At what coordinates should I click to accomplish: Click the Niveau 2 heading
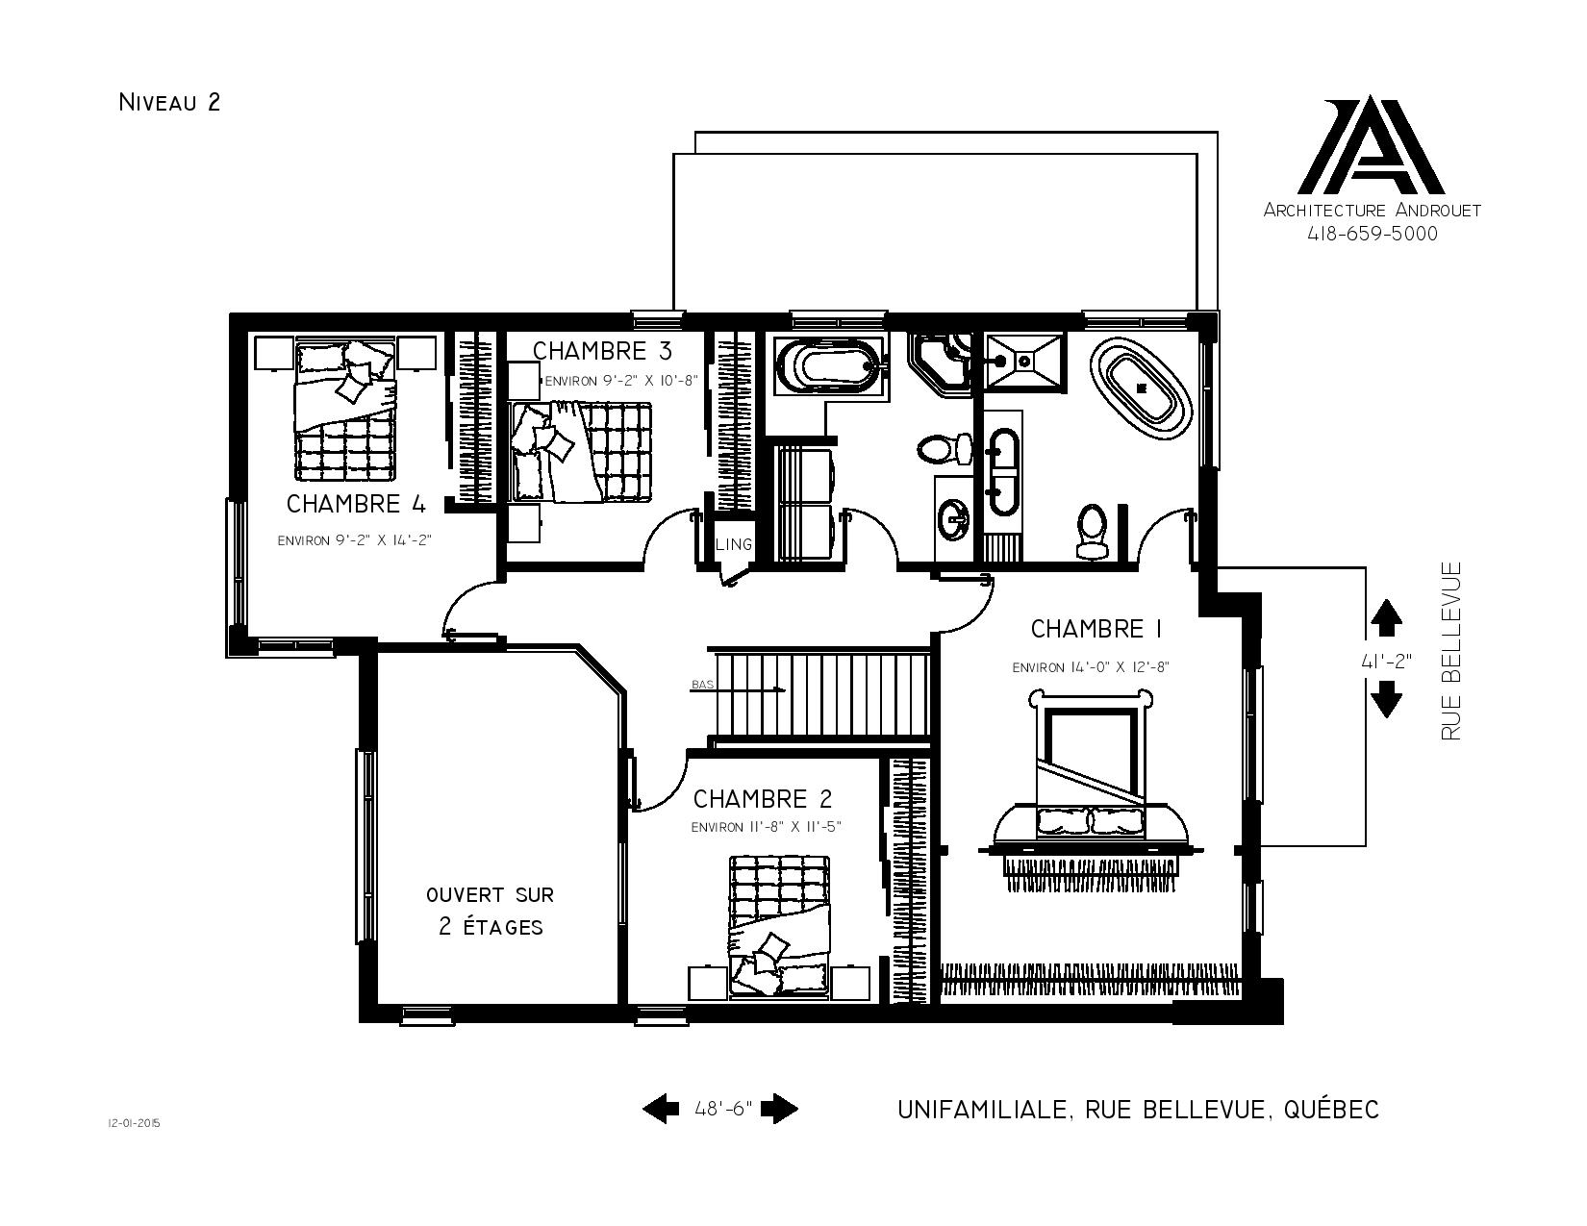[x=168, y=102]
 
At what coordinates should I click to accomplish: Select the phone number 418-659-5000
[x=1372, y=234]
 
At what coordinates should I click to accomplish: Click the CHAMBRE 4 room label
[x=356, y=504]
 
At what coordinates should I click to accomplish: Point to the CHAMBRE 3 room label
[x=602, y=351]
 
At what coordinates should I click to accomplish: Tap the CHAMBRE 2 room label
[x=763, y=799]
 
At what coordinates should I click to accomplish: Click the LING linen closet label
[x=733, y=544]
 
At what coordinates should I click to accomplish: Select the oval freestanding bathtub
[x=1141, y=388]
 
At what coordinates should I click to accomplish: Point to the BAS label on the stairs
[x=702, y=685]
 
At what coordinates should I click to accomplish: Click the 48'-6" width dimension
[x=723, y=1109]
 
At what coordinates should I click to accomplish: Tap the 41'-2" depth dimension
[x=1386, y=661]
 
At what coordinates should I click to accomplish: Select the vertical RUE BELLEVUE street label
[x=1450, y=651]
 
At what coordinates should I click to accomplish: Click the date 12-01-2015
[x=134, y=1123]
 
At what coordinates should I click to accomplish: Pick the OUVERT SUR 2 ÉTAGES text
[x=491, y=911]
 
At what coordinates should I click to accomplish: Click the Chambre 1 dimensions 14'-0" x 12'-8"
[x=1091, y=667]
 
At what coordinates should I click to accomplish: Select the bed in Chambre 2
[x=779, y=926]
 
